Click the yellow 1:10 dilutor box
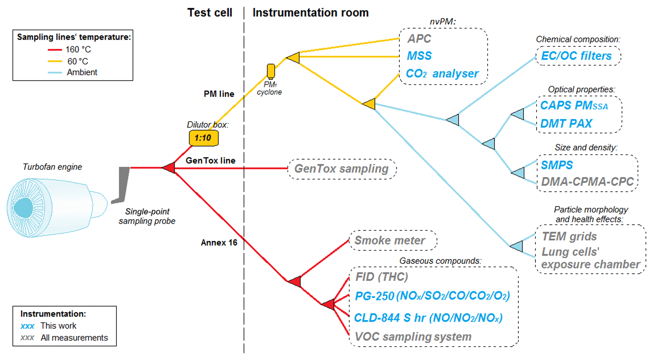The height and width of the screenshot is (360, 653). [203, 138]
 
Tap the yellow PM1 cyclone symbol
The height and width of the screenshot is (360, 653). [271, 71]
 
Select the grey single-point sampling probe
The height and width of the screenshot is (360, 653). [123, 185]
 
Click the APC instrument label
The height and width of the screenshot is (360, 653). [419, 39]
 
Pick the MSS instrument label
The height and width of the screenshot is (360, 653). [419, 56]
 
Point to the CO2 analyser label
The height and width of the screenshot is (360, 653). [442, 74]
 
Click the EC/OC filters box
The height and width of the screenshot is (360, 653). [578, 56]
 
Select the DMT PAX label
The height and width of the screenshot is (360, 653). [566, 123]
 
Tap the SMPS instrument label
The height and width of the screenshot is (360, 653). [557, 165]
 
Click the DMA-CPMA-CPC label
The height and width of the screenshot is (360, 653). [587, 181]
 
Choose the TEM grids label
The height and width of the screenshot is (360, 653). [569, 236]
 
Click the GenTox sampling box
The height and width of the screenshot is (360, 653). [342, 169]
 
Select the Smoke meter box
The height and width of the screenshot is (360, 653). [390, 241]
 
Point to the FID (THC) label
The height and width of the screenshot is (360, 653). [382, 277]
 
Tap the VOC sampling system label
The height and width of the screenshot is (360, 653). [413, 337]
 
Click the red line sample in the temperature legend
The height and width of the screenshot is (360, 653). [55, 50]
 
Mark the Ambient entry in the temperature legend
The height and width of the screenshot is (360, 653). [82, 72]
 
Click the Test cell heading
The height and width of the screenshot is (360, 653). [210, 13]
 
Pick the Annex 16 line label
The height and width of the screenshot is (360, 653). [219, 243]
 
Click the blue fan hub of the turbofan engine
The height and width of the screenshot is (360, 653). [23, 208]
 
